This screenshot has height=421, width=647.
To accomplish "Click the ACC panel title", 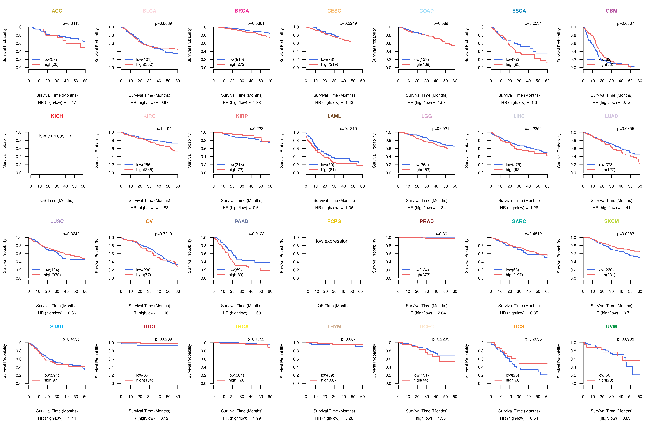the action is [57, 11].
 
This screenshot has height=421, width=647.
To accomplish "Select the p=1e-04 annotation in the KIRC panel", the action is [163, 129].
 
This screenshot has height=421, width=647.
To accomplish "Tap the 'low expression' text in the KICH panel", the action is [55, 136].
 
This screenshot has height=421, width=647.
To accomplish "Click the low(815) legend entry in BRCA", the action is [236, 59].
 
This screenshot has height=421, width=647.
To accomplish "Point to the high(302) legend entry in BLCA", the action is [145, 64].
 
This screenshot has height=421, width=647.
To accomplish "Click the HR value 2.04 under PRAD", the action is [441, 313].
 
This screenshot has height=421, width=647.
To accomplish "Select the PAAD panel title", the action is [242, 221].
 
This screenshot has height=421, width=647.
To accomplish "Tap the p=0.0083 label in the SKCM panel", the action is [626, 234].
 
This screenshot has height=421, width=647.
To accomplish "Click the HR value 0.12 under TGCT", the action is [164, 418].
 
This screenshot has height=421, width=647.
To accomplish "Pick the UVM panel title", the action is [611, 327].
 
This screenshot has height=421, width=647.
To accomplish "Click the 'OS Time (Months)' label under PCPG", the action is [334, 306].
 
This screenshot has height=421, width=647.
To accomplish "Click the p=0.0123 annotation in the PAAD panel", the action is [256, 234].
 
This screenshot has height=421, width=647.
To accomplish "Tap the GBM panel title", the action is [611, 11].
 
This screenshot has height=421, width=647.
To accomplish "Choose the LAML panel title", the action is [334, 116].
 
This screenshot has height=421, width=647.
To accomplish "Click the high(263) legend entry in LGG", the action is [422, 170].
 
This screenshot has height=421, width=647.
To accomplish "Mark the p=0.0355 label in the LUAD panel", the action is [626, 129].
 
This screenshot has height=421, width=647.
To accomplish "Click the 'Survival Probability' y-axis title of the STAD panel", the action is [4, 361].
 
